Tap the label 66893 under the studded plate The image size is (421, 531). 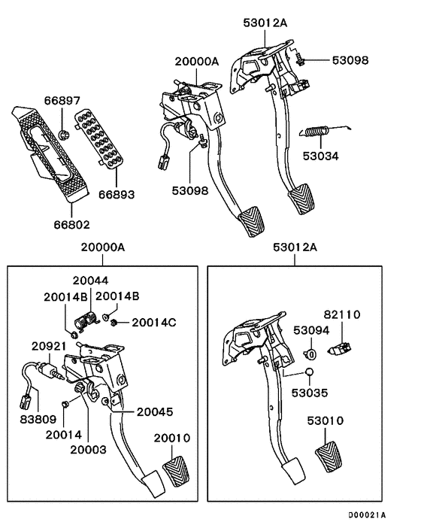click(x=117, y=194)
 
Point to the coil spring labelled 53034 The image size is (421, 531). click(x=321, y=133)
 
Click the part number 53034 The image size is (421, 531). click(x=321, y=156)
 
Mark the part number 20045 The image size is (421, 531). click(x=154, y=411)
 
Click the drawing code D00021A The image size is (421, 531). click(x=366, y=515)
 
